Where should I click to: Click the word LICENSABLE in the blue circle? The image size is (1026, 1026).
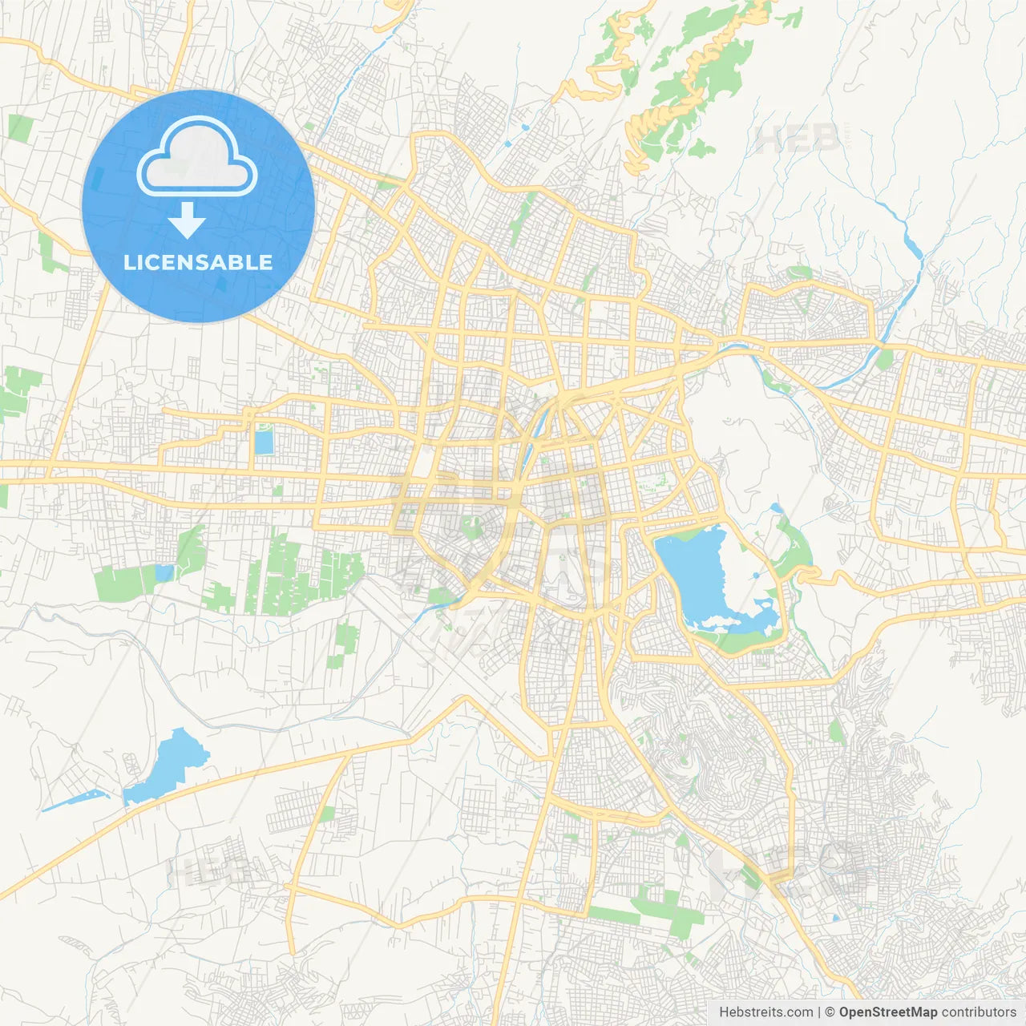(x=198, y=263)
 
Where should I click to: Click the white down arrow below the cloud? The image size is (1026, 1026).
(x=188, y=220)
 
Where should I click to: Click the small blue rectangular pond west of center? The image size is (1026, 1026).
(x=263, y=441)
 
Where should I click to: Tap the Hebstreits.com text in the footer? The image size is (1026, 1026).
(x=765, y=1012)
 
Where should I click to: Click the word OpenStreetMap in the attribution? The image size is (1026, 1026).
(x=887, y=1012)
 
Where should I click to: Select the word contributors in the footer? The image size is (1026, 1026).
(x=978, y=1012)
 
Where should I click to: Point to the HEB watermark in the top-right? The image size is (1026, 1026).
(x=798, y=139)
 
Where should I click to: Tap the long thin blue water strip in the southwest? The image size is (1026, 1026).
(x=76, y=800)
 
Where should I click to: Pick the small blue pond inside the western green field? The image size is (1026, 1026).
(x=164, y=573)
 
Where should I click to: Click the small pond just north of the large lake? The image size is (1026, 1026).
(x=776, y=508)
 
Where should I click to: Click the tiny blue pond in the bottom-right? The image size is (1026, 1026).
(x=836, y=918)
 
